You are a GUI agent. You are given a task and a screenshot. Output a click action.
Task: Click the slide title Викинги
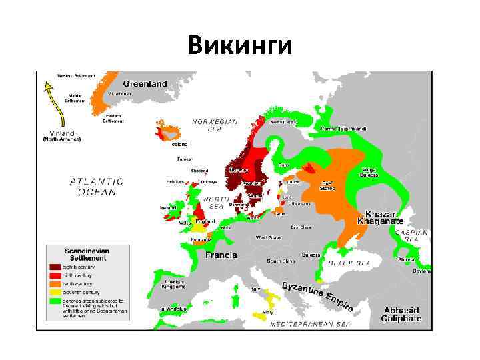[239, 46]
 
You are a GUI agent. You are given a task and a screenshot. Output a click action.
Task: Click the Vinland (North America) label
[61, 137]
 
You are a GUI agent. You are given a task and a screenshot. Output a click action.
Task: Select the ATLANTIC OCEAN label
[97, 186]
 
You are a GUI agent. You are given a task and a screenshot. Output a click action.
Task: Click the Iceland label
[179, 144]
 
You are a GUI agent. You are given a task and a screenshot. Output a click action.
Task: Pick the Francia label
[221, 255]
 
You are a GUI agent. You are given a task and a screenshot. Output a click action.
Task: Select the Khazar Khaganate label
[380, 217]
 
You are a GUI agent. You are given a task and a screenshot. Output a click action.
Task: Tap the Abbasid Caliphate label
[402, 314]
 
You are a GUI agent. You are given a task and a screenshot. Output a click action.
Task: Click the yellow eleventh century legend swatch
[55, 291]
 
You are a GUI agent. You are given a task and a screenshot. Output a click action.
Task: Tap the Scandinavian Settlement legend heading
[85, 253]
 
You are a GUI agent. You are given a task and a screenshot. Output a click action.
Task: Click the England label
[205, 221]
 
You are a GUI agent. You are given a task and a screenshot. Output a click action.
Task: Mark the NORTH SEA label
[217, 203]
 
